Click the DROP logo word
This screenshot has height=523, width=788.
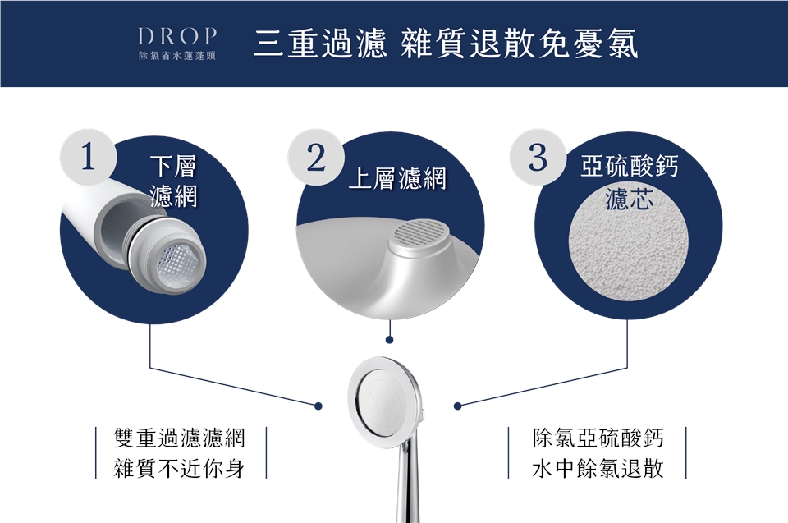177,36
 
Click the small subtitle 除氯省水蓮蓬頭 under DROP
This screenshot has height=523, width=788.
177,56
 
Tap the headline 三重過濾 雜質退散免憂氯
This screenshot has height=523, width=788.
446,44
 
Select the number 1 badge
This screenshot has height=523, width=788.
89,156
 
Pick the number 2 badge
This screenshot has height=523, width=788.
316,158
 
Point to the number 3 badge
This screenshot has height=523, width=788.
538,157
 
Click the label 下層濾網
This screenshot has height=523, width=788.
173,181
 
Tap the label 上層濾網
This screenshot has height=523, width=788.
397,178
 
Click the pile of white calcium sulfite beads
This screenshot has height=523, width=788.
628,255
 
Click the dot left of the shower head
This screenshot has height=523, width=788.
318,406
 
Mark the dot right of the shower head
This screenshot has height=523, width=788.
457,406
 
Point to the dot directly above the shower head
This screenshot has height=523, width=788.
389,340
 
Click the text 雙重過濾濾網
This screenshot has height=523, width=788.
180,438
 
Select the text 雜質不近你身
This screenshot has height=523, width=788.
180,468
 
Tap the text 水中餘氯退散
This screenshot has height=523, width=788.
598,468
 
